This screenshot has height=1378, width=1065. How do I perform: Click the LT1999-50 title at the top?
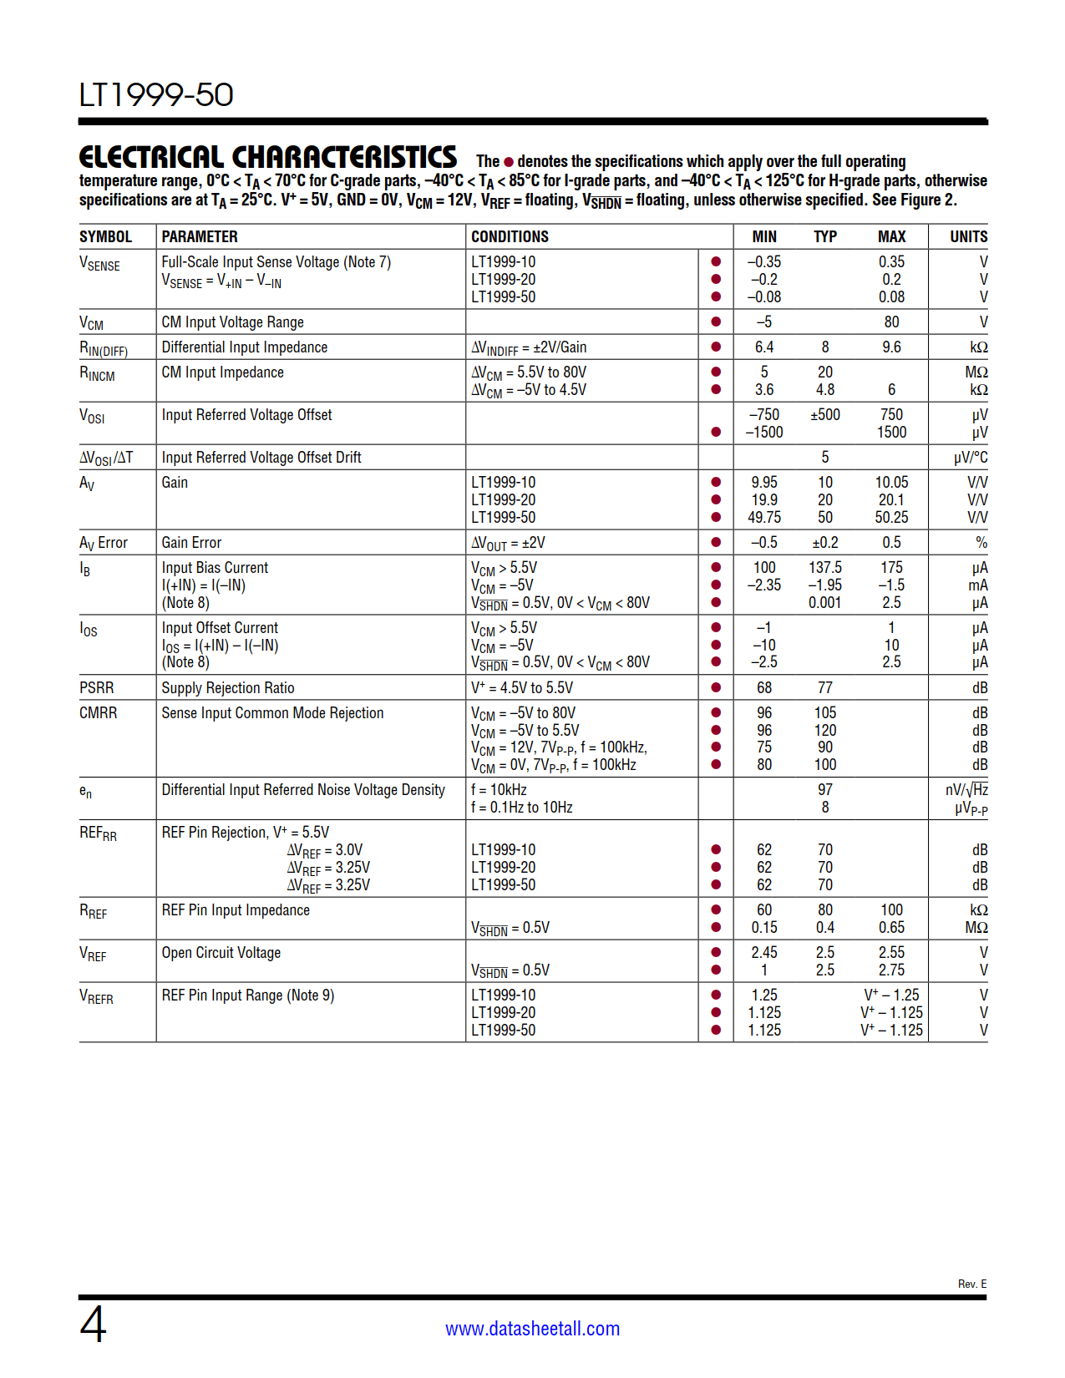(156, 95)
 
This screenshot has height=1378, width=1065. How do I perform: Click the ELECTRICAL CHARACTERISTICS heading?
(267, 157)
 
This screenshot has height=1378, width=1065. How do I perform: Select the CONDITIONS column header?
(510, 236)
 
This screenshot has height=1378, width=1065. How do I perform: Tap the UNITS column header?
(968, 236)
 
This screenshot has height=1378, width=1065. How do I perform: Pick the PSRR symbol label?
(97, 687)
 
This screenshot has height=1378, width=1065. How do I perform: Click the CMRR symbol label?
(99, 712)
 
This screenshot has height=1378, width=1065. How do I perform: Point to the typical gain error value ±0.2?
(824, 542)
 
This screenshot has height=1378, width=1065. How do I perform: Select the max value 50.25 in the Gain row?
(891, 517)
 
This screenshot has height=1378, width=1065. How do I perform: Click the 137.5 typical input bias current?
(824, 567)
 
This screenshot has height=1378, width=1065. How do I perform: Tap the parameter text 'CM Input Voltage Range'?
(232, 322)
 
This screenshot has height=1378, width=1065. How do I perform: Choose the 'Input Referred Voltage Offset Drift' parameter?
(261, 457)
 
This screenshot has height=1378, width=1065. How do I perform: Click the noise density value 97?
(824, 789)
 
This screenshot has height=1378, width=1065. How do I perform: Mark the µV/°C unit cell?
(970, 457)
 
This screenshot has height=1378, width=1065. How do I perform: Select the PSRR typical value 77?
(824, 687)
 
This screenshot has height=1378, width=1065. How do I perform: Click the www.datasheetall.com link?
(532, 1328)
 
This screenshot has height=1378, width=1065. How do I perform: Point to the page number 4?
(93, 1325)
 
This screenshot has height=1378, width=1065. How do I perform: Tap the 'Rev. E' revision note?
(971, 1284)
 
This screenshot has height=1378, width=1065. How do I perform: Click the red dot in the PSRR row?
(716, 687)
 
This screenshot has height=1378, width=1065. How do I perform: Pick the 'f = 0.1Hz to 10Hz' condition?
(521, 807)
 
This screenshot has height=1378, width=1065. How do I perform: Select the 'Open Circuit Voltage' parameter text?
(221, 952)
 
